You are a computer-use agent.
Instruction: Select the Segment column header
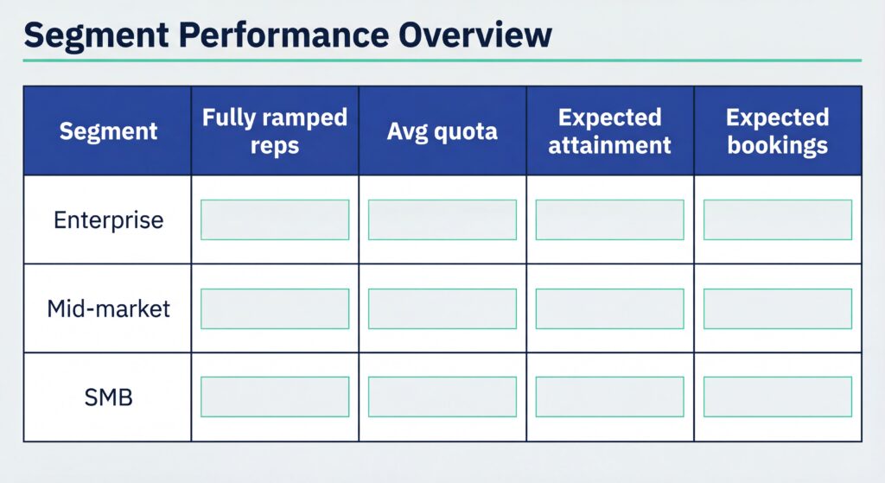[108, 131]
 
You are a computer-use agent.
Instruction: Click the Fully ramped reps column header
[275, 131]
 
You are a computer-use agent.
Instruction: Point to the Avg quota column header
[442, 131]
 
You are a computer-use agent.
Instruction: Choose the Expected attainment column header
[610, 131]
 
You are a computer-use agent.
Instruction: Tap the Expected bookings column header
[777, 131]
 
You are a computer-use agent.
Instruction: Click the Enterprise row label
[108, 219]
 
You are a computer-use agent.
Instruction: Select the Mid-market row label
[108, 308]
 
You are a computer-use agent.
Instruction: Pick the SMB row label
[108, 397]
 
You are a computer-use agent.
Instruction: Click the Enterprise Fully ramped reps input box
[275, 219]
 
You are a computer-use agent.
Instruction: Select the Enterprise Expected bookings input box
[777, 219]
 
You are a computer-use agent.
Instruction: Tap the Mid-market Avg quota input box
[442, 308]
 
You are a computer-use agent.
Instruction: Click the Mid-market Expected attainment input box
[610, 308]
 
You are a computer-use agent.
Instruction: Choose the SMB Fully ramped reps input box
[275, 397]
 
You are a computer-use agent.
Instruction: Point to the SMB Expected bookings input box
[777, 397]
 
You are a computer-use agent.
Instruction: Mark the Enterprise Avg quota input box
[442, 219]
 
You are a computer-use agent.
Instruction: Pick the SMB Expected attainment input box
[610, 397]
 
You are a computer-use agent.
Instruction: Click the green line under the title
[442, 60]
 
